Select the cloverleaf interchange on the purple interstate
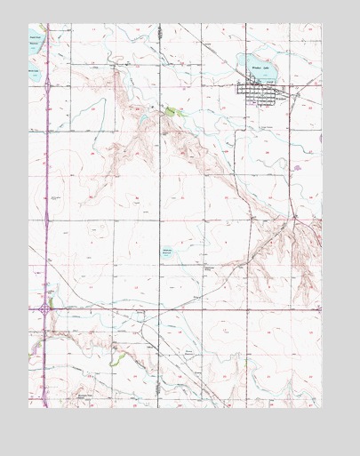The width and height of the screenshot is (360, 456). click(x=44, y=308)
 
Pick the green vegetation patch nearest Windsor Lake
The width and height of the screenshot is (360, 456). click(x=170, y=111)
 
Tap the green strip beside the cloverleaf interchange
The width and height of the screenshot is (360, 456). click(x=52, y=302)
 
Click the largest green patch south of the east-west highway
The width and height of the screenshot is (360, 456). click(x=113, y=360)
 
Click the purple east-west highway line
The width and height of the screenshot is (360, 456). click(x=178, y=308)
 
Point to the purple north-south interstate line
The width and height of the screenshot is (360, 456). click(x=44, y=178)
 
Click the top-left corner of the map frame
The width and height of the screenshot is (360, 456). click(x=28, y=24)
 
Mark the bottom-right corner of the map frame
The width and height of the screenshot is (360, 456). click(x=322, y=408)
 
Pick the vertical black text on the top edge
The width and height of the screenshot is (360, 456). click(x=160, y=30)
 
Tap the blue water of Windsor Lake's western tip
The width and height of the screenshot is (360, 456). click(x=242, y=62)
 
